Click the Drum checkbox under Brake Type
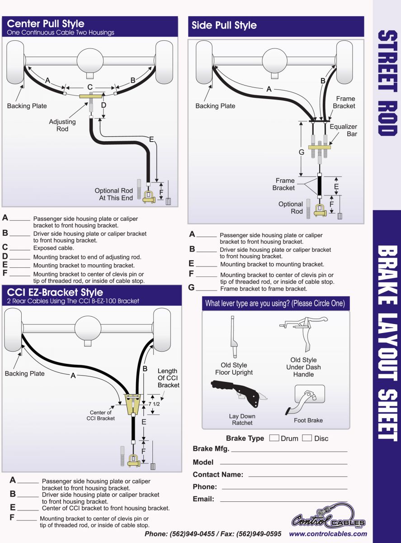(x=274, y=438)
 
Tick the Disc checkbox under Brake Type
(x=307, y=438)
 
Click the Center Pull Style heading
(x=46, y=24)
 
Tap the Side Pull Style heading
(x=224, y=25)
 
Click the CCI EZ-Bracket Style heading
(x=55, y=292)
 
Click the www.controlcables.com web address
(x=328, y=534)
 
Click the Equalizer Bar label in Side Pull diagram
(x=343, y=130)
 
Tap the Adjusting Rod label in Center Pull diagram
(x=62, y=125)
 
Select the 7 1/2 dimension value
(x=154, y=404)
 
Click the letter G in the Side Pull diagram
(x=302, y=152)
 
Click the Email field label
(x=203, y=499)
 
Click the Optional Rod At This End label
(x=113, y=194)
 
